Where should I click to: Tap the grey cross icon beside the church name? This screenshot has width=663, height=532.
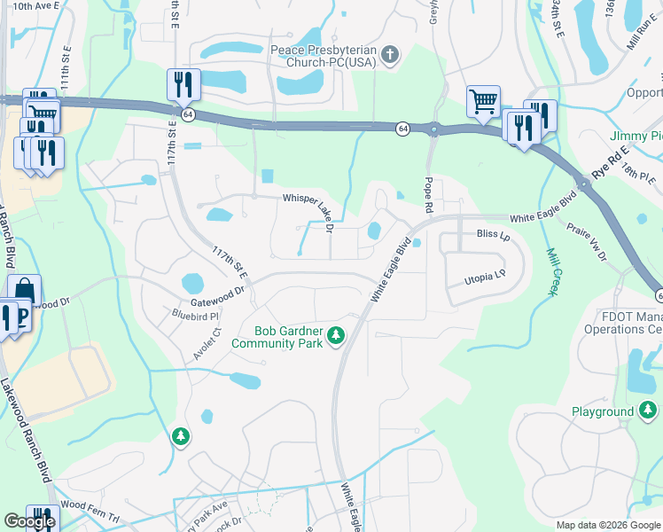point(388,57)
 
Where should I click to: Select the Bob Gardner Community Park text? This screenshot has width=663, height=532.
point(277,336)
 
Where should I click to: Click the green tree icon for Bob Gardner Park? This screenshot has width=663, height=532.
point(336,336)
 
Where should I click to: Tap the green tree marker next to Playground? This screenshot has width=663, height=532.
point(648,411)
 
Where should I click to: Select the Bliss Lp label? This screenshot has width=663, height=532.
point(494,236)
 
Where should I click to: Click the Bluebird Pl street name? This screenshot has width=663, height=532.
point(195,314)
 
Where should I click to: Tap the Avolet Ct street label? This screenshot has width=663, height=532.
point(205,343)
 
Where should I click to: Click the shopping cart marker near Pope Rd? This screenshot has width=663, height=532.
point(483,101)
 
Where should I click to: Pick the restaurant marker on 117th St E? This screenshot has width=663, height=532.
point(183,84)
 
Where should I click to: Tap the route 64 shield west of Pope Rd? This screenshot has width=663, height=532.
point(402,129)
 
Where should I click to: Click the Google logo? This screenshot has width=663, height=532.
point(29,521)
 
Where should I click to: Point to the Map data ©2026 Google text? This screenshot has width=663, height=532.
point(608,525)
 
